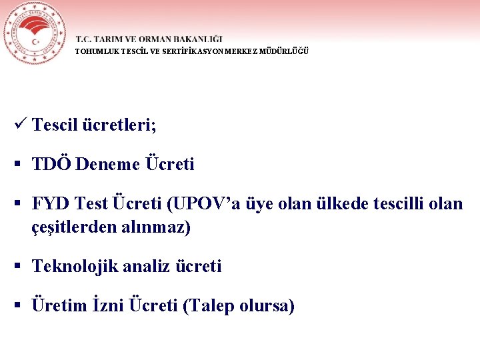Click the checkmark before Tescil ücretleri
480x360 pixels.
(x=19, y=124)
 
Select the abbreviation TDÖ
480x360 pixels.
(x=51, y=164)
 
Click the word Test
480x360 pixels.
(x=91, y=203)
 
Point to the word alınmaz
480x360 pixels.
(x=153, y=227)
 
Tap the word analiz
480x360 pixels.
(x=147, y=267)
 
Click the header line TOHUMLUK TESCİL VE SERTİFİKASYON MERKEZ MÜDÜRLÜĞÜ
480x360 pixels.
(x=192, y=51)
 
